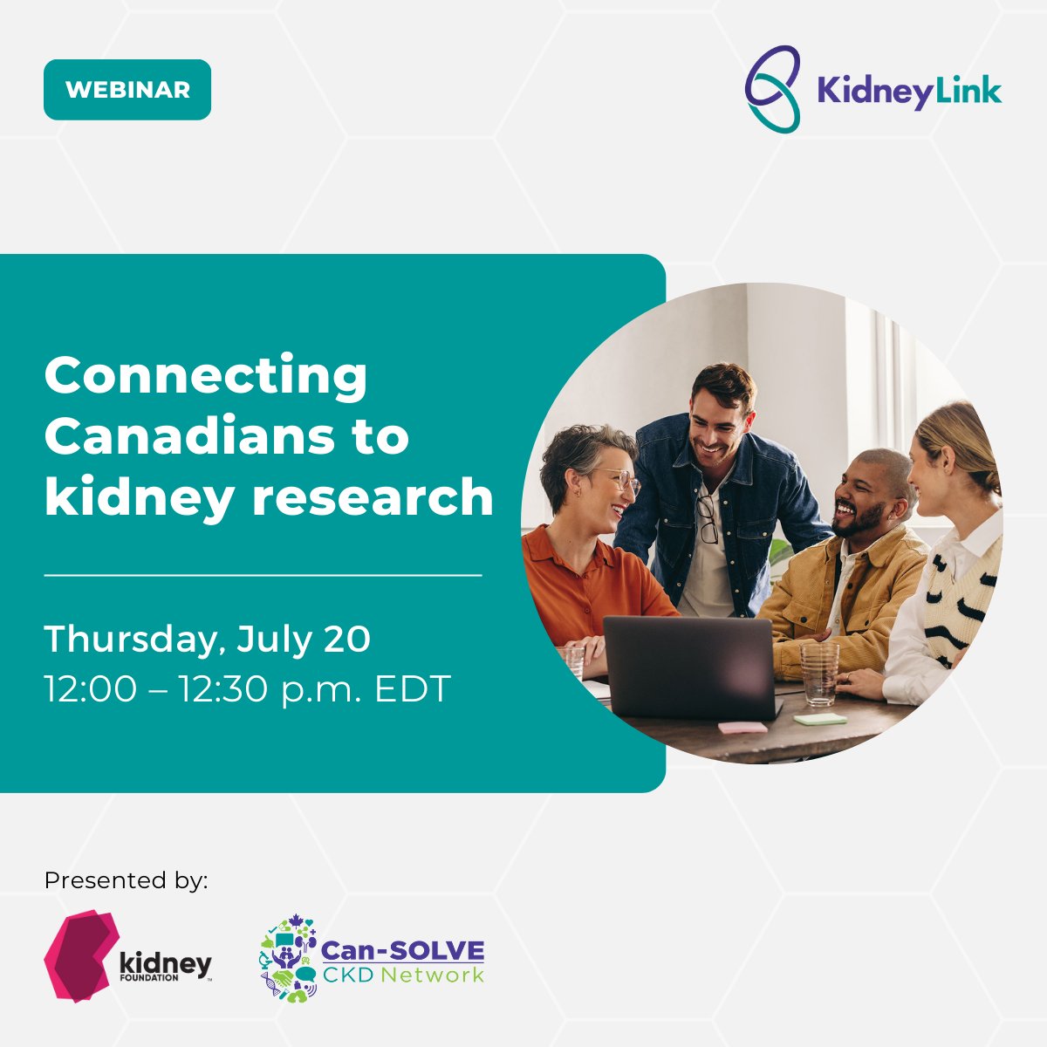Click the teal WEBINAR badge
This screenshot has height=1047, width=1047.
click(x=127, y=90)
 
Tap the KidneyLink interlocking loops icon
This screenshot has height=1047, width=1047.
click(x=772, y=89)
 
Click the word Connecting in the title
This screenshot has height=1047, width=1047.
click(x=206, y=375)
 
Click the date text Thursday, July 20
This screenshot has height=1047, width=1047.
click(x=208, y=639)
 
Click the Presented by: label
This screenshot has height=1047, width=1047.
click(x=127, y=879)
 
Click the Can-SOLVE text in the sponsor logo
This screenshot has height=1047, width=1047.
click(x=402, y=950)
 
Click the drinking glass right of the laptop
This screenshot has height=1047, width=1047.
click(x=819, y=674)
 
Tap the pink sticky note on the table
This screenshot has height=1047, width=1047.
click(x=742, y=727)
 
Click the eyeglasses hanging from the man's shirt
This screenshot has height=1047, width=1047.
click(x=707, y=519)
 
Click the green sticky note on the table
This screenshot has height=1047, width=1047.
click(x=820, y=719)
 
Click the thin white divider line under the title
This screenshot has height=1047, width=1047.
click(x=263, y=576)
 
